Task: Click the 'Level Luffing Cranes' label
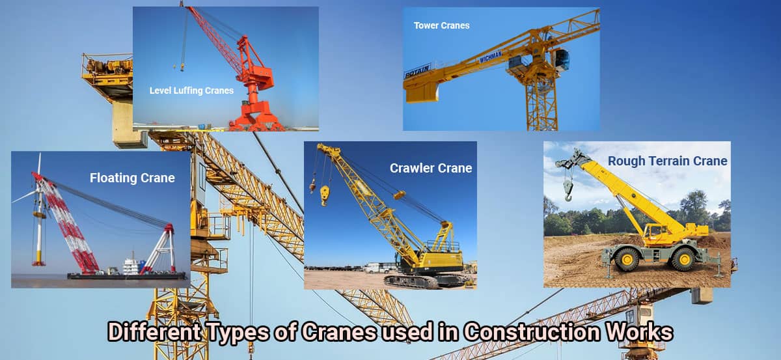click(x=191, y=90)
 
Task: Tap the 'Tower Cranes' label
click(x=441, y=26)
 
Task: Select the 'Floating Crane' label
click(x=132, y=178)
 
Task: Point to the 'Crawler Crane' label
click(x=431, y=168)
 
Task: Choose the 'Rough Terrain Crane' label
click(x=667, y=161)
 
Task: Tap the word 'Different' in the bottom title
click(x=150, y=332)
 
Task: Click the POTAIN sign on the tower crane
click(x=417, y=70)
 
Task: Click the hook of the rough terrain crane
click(x=568, y=189)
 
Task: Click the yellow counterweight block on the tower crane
click(x=421, y=92)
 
